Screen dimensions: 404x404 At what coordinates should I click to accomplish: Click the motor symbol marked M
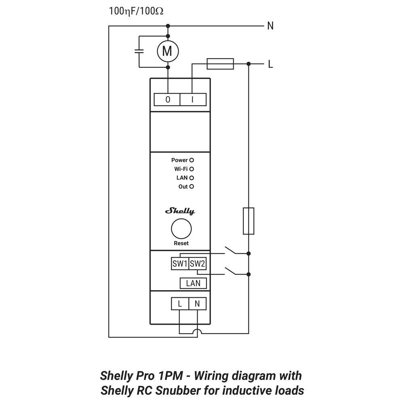coord(167,51)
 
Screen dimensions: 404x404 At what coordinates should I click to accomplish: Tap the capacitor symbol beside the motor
coord(139,51)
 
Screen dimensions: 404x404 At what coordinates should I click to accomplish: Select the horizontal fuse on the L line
coord(220,63)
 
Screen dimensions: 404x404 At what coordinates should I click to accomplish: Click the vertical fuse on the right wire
coord(248,221)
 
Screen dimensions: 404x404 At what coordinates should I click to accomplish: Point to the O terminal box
coord(168,99)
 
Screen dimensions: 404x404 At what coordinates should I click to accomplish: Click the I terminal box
coord(192,99)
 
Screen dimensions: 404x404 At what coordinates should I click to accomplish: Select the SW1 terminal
coord(180,264)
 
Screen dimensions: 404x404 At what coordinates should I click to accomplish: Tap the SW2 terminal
coord(198,264)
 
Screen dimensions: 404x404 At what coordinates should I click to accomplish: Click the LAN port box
coord(193,283)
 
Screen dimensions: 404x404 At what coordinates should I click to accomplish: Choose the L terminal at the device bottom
coord(180,304)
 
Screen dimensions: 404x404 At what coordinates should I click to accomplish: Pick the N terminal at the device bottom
coord(197,304)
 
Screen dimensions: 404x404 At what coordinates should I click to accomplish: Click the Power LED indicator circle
coord(192,160)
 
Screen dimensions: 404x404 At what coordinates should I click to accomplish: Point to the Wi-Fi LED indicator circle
coord(192,169)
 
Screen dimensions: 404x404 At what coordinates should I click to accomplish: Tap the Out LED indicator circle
coord(192,187)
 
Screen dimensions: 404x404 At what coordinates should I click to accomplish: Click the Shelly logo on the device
coord(180,211)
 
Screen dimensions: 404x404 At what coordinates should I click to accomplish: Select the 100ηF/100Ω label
coord(136,11)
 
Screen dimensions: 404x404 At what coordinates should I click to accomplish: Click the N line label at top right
coord(270,26)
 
